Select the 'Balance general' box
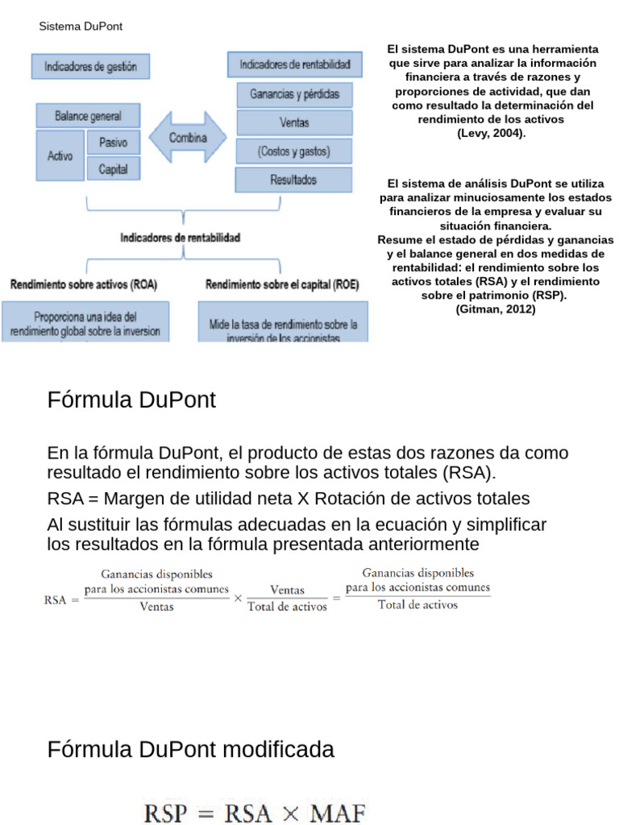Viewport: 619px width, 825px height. click(88, 114)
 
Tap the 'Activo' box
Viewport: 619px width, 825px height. click(60, 155)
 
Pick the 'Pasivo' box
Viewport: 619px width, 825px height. click(113, 143)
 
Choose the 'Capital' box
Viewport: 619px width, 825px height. click(113, 169)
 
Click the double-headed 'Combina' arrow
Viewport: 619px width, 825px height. click(187, 138)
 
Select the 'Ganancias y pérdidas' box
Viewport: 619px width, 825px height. click(294, 94)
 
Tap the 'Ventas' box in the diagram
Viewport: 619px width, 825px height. click(294, 122)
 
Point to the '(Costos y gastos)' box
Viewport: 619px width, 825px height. click(294, 151)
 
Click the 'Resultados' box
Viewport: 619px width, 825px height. click(293, 179)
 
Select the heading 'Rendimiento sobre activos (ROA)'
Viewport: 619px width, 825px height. click(84, 284)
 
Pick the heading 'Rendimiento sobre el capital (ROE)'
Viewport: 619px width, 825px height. click(282, 284)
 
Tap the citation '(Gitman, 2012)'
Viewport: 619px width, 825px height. click(495, 309)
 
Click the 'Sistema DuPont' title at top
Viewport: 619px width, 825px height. click(81, 27)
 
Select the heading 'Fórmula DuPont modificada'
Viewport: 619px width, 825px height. click(190, 750)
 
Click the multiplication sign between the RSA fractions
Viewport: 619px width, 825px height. click(238, 599)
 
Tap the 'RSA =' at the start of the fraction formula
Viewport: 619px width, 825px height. click(62, 599)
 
